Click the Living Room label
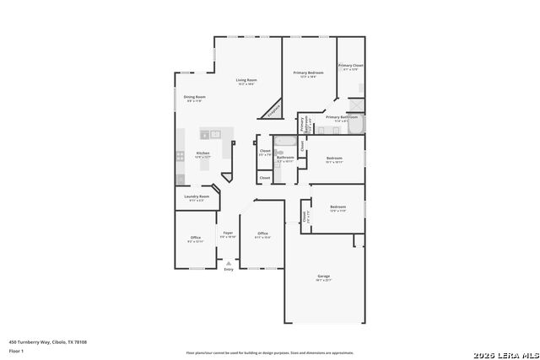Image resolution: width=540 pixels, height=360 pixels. click(246, 80)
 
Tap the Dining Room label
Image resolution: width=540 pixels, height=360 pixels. click(195, 97)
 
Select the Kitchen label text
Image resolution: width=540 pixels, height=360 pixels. click(202, 153)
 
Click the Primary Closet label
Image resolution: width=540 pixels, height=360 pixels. click(351, 66)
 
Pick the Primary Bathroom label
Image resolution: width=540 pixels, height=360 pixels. click(342, 117)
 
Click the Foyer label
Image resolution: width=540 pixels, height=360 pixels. click(228, 233)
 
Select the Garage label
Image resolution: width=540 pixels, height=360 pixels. click(323, 276)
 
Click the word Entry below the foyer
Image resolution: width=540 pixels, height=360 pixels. click(228, 269)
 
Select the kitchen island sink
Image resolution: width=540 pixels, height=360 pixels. click(215, 134)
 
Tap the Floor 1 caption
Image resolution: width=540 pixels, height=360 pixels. click(16, 350)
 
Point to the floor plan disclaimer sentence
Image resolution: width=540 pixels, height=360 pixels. click(270, 352)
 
